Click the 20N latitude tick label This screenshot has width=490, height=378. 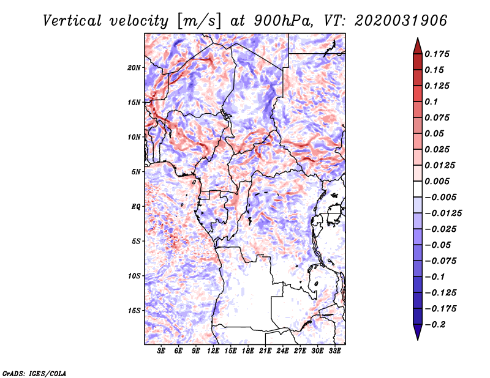coord(134,68)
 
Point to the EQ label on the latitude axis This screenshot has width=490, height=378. coord(135,207)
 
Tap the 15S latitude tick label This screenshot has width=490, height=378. coord(134,311)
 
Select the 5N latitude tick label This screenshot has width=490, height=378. coord(135,172)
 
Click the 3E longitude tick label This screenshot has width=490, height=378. coord(161,351)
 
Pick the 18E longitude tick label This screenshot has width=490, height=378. coord(248,351)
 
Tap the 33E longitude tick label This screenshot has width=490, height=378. coord(334,351)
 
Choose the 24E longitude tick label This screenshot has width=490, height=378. coord(282,351)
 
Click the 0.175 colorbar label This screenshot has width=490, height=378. coord(437,54)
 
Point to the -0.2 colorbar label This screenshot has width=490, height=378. coord(435,325)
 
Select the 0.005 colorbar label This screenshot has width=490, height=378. coord(437,181)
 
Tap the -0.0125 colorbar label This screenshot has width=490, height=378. coord(443,213)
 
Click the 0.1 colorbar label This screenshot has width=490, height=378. coord(431,102)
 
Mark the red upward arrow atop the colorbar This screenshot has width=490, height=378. coord(418,46)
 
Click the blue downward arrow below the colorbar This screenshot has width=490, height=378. coord(418,332)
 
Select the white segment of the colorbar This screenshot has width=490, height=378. coord(418,189)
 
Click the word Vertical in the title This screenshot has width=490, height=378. coord(72,21)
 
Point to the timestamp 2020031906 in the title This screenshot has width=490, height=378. coord(401,21)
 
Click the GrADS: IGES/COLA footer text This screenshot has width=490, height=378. coord(34,374)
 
